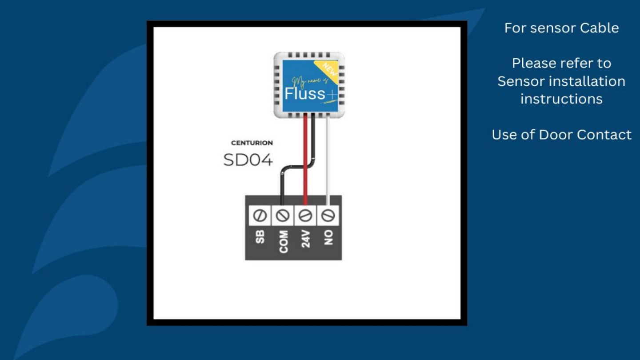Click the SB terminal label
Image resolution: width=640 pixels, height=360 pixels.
pyautogui.click(x=260, y=237)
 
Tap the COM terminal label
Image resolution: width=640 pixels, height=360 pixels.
pyautogui.click(x=283, y=241)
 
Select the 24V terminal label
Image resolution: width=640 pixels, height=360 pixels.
pyautogui.click(x=306, y=239)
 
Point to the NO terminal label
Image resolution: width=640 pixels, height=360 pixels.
pyautogui.click(x=328, y=237)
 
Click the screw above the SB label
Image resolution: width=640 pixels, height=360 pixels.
pyautogui.click(x=260, y=216)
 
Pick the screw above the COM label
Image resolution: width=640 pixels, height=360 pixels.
pyautogui.click(x=283, y=216)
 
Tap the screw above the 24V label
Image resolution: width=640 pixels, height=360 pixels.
pyautogui.click(x=305, y=216)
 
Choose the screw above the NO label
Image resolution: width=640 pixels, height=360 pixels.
pyautogui.click(x=328, y=216)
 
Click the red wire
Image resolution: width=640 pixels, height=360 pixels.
pyautogui.click(x=305, y=178)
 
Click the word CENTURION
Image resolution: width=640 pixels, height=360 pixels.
pyautogui.click(x=252, y=143)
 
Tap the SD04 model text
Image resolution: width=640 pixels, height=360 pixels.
pyautogui.click(x=248, y=160)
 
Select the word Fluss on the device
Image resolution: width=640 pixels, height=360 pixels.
pyautogui.click(x=305, y=94)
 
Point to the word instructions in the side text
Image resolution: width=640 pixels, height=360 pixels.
pyautogui.click(x=561, y=99)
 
